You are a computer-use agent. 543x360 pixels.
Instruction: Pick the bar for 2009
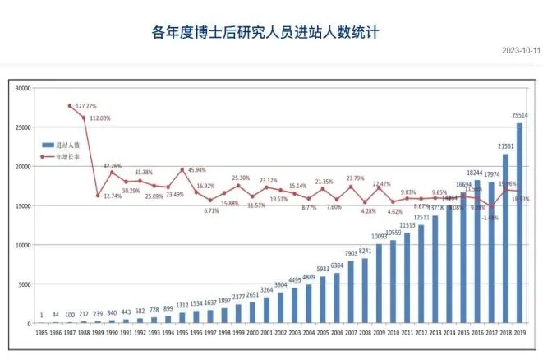coord(379,284)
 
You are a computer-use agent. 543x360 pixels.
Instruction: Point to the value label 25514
coord(518,115)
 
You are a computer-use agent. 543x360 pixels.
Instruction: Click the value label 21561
coord(504,146)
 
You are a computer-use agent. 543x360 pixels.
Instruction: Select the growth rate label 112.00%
coord(99,118)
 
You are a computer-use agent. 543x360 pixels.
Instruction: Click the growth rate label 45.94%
coord(195,169)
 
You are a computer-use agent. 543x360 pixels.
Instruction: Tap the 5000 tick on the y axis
coord(24,284)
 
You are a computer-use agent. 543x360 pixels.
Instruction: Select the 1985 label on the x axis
coord(40,332)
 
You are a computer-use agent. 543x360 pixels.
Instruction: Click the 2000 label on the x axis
coord(251,332)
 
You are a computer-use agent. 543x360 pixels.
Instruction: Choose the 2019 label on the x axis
coord(519,332)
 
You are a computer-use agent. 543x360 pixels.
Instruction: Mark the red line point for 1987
coord(69,106)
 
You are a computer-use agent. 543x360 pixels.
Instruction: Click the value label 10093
coord(378,237)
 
